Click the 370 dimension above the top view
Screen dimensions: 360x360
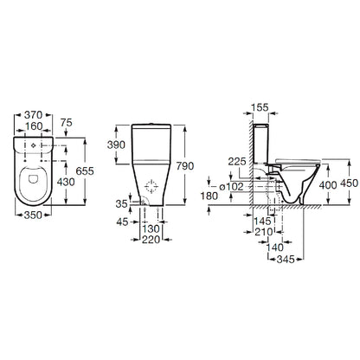coord(33,115)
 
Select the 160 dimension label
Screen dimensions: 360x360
coord(34,126)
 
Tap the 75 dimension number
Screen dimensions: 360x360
coord(67,123)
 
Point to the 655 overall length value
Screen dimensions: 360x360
coord(85,171)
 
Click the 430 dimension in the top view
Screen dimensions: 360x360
coord(66,182)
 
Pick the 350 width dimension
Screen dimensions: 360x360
coord(33,215)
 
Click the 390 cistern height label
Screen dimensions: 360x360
coord(116,145)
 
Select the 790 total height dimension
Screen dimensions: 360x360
coord(185,166)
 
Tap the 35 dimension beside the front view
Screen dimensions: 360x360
coord(121,204)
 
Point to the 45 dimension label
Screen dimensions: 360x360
coord(122,222)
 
